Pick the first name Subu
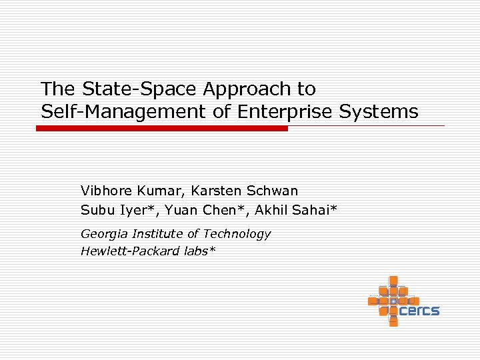[96, 211]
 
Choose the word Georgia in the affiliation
[105, 234]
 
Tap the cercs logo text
[419, 310]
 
